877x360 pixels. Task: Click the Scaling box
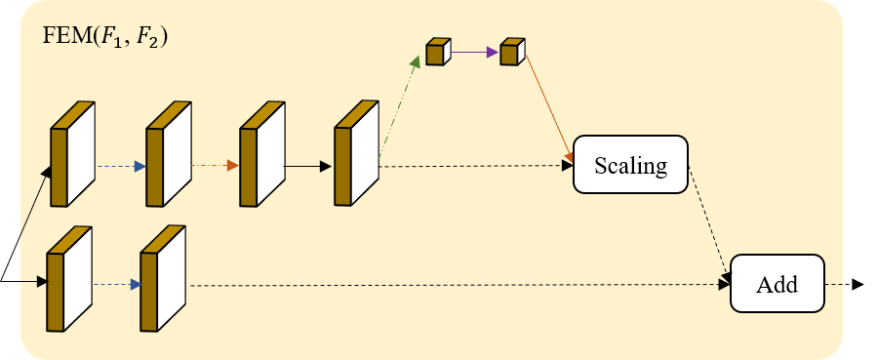tap(630, 164)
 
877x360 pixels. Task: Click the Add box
tap(777, 284)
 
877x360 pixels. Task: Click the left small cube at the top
tap(437, 52)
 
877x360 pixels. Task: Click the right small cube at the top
tap(511, 52)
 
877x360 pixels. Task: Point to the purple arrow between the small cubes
tap(474, 53)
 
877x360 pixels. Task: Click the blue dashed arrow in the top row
tap(121, 166)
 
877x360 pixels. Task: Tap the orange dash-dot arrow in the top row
tap(215, 166)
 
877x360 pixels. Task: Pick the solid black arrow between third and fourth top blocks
tap(308, 166)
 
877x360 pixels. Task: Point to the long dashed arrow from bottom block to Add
tap(458, 285)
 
